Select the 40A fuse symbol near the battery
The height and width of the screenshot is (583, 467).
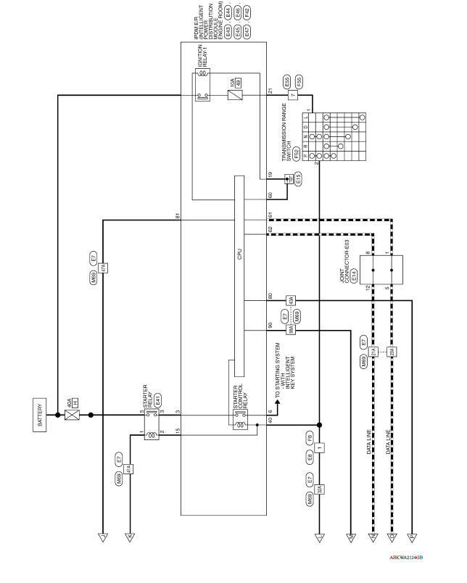[72, 415]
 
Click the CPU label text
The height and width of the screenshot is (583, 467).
[240, 255]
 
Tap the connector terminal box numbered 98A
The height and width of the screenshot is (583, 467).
[290, 330]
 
